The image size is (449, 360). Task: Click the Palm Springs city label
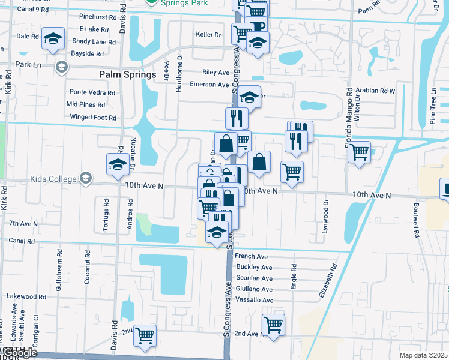(x=127, y=75)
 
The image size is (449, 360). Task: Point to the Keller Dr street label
(x=209, y=35)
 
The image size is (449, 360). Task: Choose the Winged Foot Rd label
(x=93, y=117)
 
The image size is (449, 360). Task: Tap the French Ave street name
(x=252, y=256)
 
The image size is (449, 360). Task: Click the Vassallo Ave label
(x=255, y=300)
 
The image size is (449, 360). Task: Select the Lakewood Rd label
(x=26, y=296)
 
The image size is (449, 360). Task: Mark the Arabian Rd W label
(x=375, y=91)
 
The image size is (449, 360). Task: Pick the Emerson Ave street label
(x=209, y=85)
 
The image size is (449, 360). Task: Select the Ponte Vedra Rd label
(x=92, y=92)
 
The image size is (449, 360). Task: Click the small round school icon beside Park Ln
(x=60, y=67)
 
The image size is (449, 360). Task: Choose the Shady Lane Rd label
(x=94, y=41)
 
